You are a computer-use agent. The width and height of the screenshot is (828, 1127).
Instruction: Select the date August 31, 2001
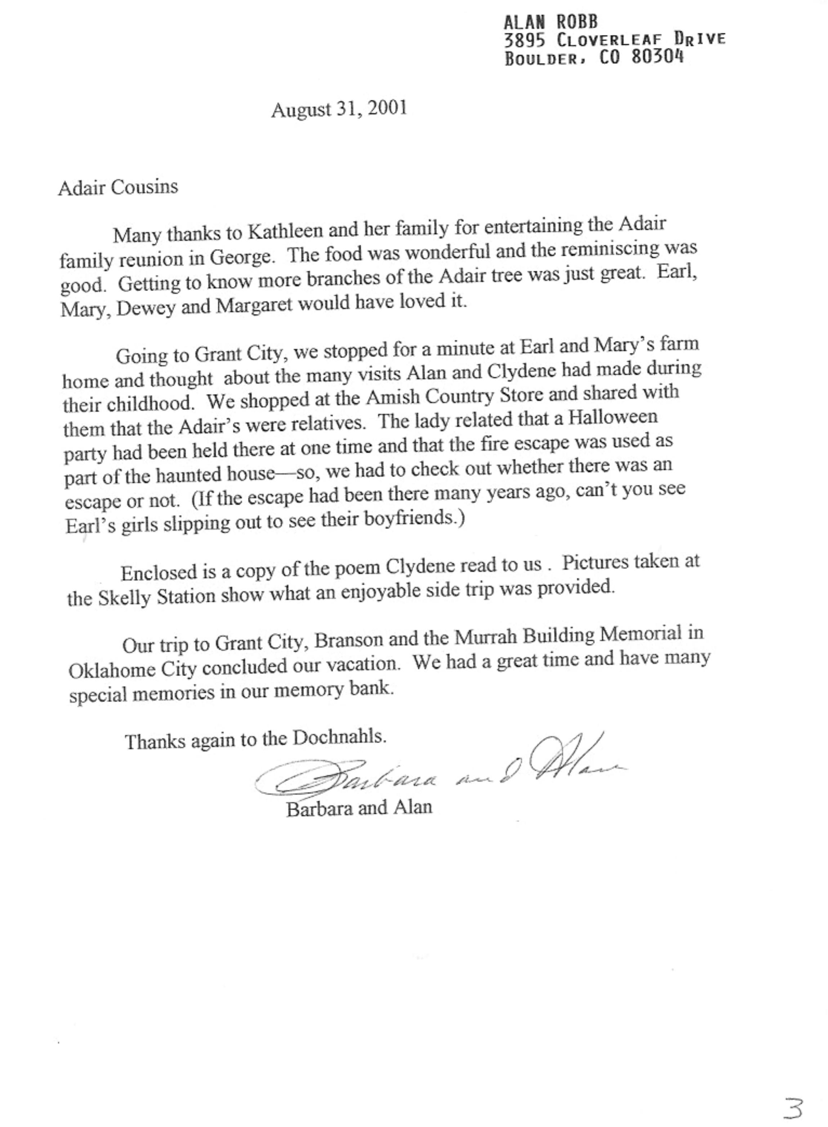click(x=339, y=109)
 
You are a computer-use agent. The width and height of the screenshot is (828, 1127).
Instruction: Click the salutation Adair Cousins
click(x=118, y=187)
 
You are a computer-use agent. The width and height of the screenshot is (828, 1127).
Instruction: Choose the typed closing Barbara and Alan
click(x=359, y=808)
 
